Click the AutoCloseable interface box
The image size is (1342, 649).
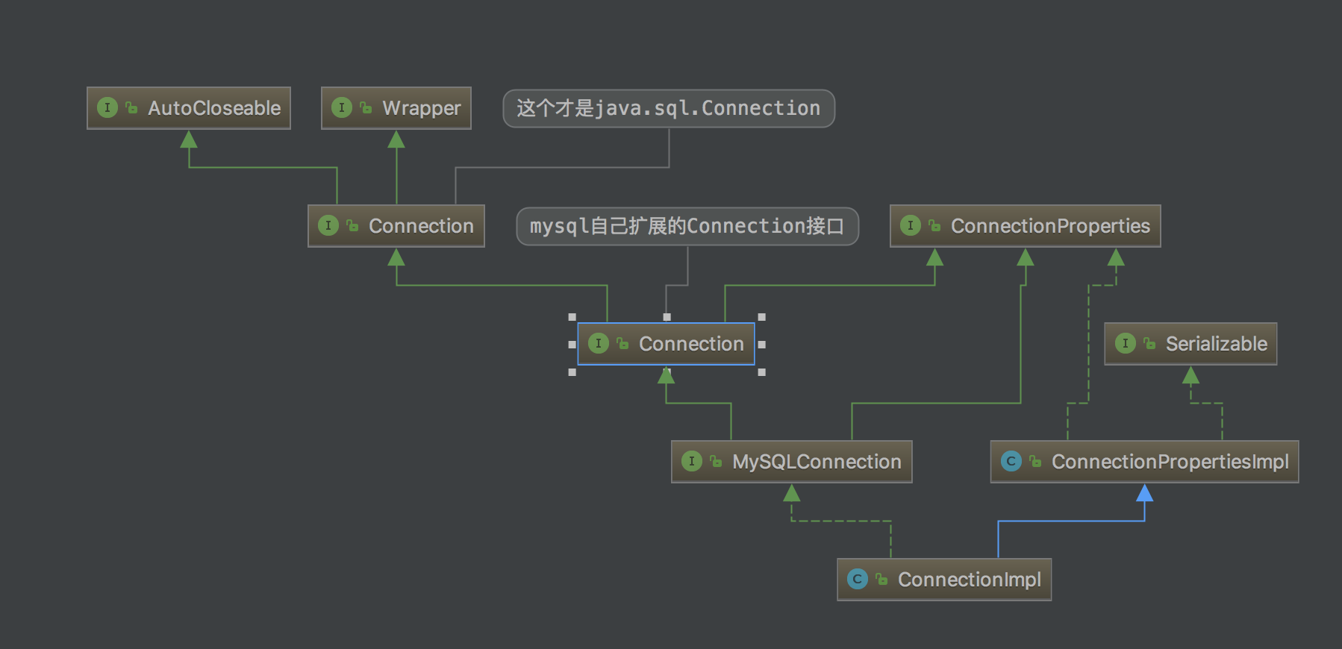[x=189, y=108]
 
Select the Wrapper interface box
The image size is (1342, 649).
[x=396, y=108]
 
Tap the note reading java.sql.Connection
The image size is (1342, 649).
[x=669, y=109]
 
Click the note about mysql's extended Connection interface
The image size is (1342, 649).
[x=687, y=226]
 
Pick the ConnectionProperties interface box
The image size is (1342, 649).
[x=1026, y=226]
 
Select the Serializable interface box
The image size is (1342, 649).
[x=1190, y=344]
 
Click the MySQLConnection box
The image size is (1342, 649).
[x=792, y=462]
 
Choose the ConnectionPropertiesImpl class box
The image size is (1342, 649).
[x=1144, y=462]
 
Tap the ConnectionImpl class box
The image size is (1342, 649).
[x=944, y=580]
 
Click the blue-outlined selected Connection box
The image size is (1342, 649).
[x=667, y=344]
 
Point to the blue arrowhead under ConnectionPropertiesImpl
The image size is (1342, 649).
[x=1144, y=492]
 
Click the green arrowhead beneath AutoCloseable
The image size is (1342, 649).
[x=189, y=139]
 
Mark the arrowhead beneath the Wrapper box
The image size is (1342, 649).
[x=396, y=139]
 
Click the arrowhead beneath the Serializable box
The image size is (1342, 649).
[x=1190, y=374]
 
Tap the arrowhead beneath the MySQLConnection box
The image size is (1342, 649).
[x=792, y=492]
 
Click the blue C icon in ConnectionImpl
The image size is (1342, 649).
[x=858, y=579]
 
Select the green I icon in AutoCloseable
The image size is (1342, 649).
[x=107, y=107]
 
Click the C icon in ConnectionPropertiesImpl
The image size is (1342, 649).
[x=1011, y=461]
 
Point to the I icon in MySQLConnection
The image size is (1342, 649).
[x=692, y=461]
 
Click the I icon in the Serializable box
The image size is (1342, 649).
[x=1126, y=343]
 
